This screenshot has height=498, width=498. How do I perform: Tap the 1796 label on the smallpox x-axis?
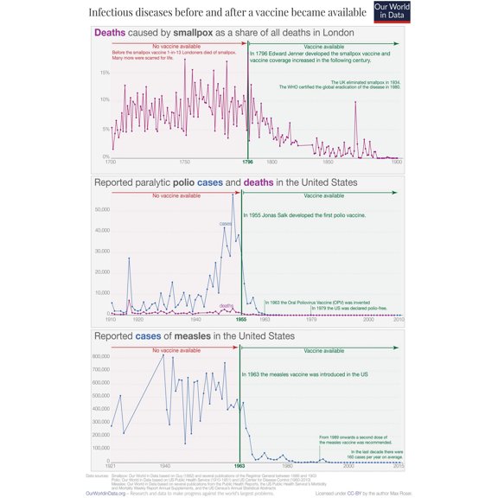[x=248, y=163]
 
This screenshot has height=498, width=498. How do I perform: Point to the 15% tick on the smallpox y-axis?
[x=104, y=73]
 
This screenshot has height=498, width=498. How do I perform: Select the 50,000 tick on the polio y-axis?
[x=100, y=209]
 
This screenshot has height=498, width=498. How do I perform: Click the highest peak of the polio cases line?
[x=233, y=196]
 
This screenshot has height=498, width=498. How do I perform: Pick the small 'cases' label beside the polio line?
[x=225, y=224]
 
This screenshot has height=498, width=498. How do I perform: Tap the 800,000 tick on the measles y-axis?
[x=98, y=356]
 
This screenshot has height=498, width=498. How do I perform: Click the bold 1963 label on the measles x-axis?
[x=239, y=466]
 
